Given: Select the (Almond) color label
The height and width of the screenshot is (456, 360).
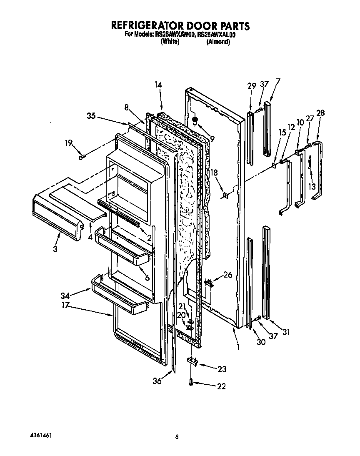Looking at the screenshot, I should [218, 42].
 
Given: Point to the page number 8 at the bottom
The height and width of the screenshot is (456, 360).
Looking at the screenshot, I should [177, 437].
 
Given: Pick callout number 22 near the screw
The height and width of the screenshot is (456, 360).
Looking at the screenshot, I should [221, 386].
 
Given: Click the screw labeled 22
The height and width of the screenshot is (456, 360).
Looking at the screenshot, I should [191, 381].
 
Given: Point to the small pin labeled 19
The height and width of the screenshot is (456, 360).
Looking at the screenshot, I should [82, 157].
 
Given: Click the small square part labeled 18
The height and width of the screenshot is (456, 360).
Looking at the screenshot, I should [226, 195].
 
